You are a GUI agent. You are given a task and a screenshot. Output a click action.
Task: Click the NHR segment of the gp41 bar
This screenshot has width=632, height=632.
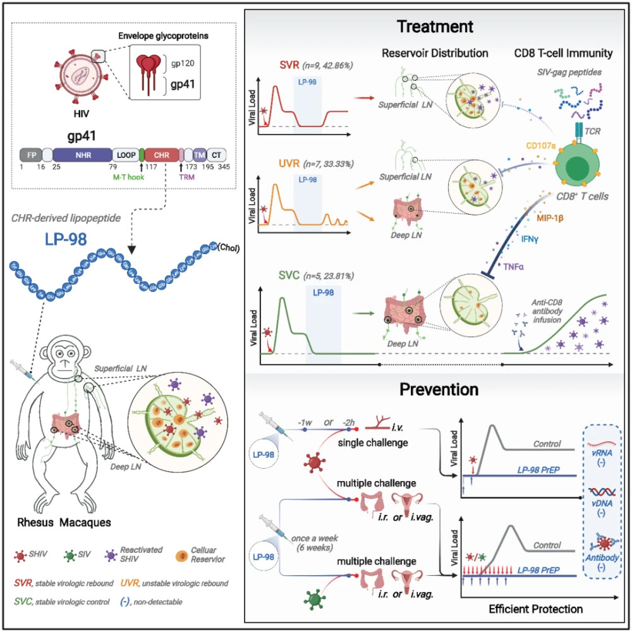pyautogui.click(x=80, y=154)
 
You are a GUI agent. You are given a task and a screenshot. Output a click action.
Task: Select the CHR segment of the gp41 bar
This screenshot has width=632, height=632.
pyautogui.click(x=161, y=154)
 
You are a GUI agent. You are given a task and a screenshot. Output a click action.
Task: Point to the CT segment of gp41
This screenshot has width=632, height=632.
pyautogui.click(x=217, y=154)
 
